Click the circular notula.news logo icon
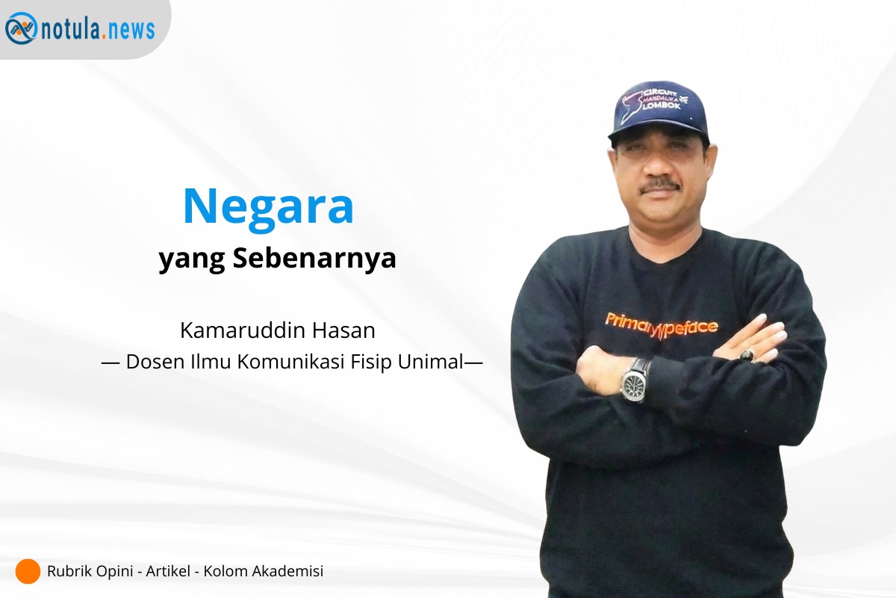tap(21, 28)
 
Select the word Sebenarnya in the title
tap(314, 258)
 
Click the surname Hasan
tap(343, 330)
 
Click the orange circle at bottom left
tap(28, 571)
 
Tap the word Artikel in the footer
tap(168, 571)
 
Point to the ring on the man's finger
tap(747, 355)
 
